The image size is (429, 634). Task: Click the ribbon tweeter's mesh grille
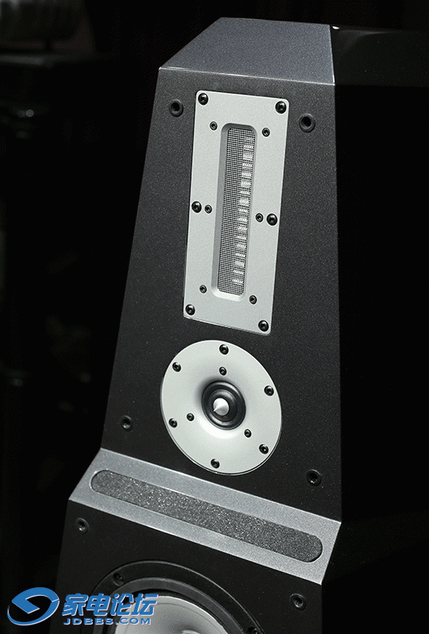click(x=236, y=210)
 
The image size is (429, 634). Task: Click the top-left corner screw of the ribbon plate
click(x=203, y=97)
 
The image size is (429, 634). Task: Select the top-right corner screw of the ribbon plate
click(x=281, y=107)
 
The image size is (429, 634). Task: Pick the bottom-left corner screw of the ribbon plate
click(x=190, y=310)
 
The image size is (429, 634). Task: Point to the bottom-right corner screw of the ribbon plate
click(x=263, y=325)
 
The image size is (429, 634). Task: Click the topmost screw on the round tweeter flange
click(x=224, y=349)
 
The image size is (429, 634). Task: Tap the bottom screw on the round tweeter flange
click(x=215, y=464)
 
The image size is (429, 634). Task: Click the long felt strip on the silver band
click(x=206, y=516)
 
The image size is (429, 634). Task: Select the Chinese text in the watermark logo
click(x=109, y=605)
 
